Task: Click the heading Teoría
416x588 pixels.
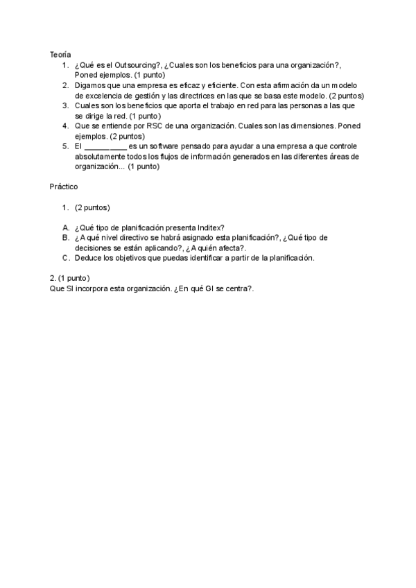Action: tap(60, 53)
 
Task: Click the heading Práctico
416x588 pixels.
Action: tap(63, 187)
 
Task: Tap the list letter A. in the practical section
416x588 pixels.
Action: tap(65, 227)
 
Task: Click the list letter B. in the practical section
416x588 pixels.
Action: tap(65, 238)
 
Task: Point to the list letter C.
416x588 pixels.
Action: tap(65, 258)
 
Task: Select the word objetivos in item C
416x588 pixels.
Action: tap(131, 258)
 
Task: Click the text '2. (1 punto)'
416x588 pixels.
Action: tap(69, 278)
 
